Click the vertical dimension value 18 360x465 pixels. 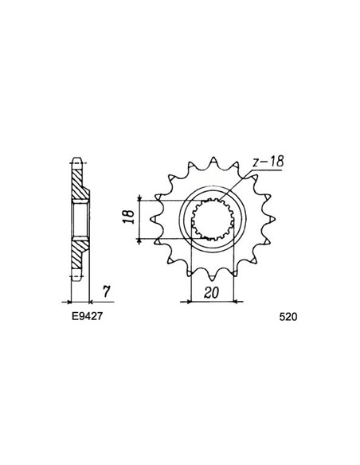pos(127,216)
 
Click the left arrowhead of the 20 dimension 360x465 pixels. pos(192,302)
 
